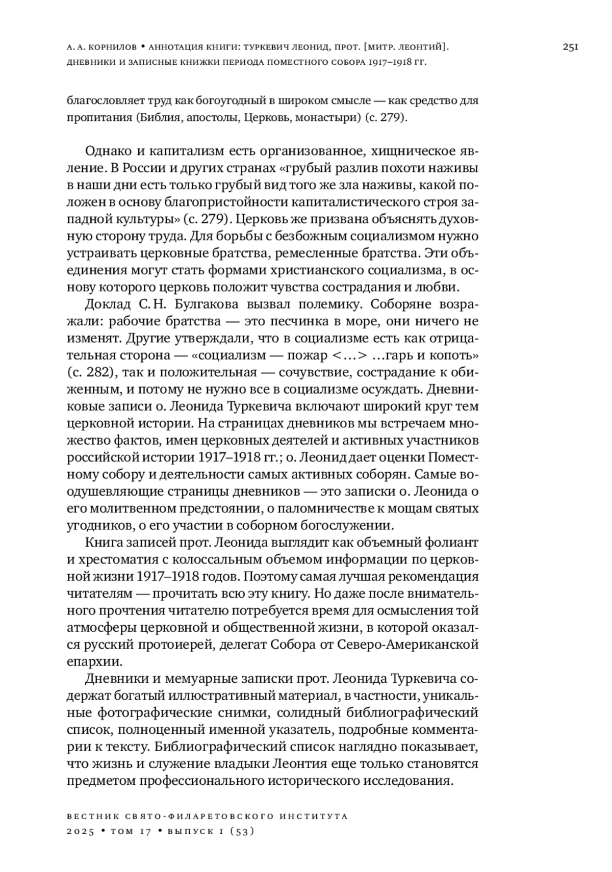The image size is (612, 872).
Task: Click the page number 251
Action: coord(570,47)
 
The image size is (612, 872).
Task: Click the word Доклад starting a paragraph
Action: coord(108,304)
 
